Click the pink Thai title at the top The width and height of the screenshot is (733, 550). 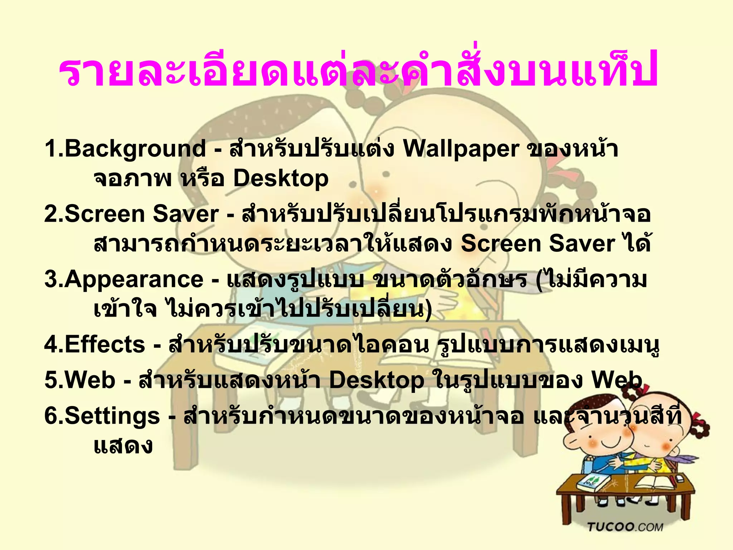[358, 72]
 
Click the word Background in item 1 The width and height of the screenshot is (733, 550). [135, 149]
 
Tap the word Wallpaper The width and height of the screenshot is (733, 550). [461, 149]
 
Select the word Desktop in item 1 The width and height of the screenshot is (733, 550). [281, 178]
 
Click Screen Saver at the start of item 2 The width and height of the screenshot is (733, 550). [141, 214]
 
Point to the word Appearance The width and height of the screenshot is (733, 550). [134, 279]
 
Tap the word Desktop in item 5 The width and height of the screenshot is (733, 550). [376, 380]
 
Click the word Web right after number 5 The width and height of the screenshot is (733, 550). [90, 380]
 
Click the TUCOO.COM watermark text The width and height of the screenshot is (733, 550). [625, 527]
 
